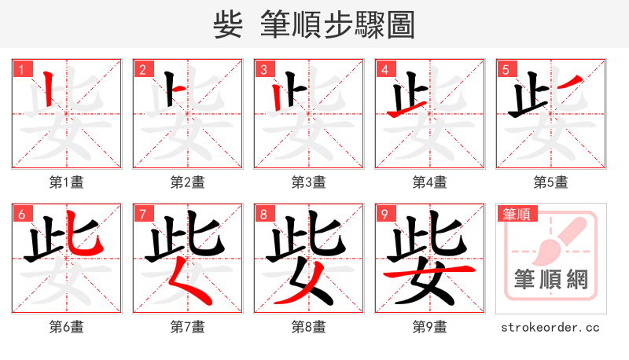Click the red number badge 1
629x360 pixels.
(21, 69)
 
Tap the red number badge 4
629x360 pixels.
(384, 69)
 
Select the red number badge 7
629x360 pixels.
(142, 214)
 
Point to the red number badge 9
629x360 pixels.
(384, 214)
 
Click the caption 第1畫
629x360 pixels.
(67, 182)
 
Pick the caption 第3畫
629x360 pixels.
(309, 182)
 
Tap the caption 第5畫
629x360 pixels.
(551, 182)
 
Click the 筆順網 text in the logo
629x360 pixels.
(551, 279)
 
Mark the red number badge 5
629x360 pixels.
(506, 69)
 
